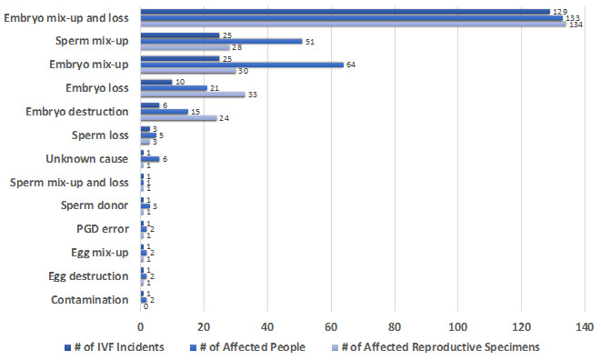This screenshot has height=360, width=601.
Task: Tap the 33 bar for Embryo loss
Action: click(193, 94)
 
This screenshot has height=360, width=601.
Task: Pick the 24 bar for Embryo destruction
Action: click(178, 117)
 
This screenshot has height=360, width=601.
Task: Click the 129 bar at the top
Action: click(345, 12)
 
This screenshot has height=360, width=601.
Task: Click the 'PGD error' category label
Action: click(105, 228)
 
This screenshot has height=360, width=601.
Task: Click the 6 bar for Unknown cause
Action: click(150, 158)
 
